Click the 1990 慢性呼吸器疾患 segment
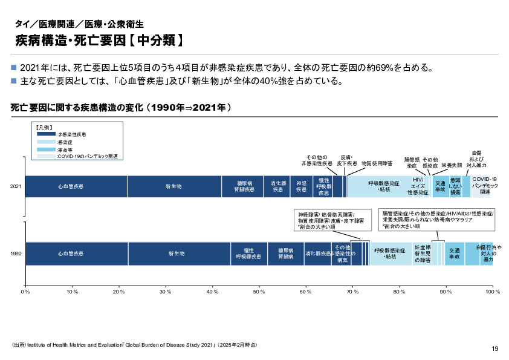click(x=248, y=254)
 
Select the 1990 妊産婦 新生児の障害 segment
click(x=422, y=254)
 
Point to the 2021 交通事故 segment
click(x=440, y=186)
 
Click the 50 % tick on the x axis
click(x=259, y=292)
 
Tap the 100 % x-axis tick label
click(x=492, y=292)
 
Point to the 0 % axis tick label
click(x=25, y=292)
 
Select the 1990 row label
click(x=16, y=254)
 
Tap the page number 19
click(x=494, y=349)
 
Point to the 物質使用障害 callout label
click(x=377, y=163)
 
